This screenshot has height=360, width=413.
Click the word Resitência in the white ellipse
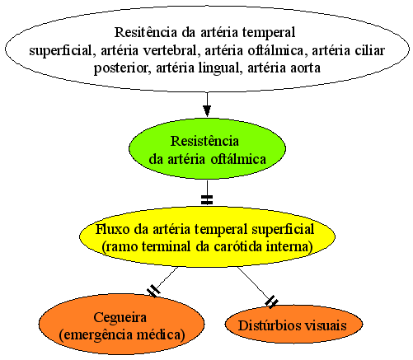pyautogui.click(x=146, y=32)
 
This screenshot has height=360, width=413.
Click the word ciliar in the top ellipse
pyautogui.click(x=369, y=50)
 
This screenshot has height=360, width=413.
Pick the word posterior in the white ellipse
pyautogui.click(x=120, y=68)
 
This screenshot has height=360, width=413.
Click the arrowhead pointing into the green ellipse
pyautogui.click(x=207, y=111)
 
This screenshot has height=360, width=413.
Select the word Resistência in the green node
pyautogui.click(x=204, y=141)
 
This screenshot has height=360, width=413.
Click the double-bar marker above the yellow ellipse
pyautogui.click(x=207, y=200)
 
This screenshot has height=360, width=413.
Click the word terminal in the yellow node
pyautogui.click(x=166, y=247)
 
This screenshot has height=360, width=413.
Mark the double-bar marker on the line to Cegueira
pyautogui.click(x=153, y=291)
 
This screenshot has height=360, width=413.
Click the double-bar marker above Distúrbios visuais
pyautogui.click(x=271, y=302)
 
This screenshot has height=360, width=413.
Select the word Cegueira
pyautogui.click(x=120, y=318)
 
